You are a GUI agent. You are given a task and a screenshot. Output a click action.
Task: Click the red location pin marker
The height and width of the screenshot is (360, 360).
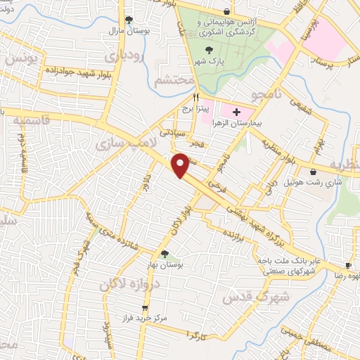point(181,165)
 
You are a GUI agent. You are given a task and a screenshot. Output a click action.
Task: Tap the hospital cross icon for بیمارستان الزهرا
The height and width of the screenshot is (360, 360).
point(236,112)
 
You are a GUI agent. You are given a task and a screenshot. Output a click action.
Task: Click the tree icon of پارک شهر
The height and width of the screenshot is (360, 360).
point(208,49)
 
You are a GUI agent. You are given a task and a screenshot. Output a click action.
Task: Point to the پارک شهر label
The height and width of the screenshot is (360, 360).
point(208,62)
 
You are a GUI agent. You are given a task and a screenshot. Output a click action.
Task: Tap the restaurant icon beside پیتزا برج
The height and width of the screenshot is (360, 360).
point(196,98)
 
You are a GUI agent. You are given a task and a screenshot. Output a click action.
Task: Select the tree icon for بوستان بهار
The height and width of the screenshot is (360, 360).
point(165,255)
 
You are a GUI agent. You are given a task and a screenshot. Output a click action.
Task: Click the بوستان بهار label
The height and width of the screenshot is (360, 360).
point(166,266)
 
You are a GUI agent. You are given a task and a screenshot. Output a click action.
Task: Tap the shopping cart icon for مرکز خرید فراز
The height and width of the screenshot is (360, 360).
point(145,308)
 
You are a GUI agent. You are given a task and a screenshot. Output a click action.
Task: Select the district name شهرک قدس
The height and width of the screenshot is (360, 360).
point(247,296)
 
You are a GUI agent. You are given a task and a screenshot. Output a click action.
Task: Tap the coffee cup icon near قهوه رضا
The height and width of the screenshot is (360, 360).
point(348,266)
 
